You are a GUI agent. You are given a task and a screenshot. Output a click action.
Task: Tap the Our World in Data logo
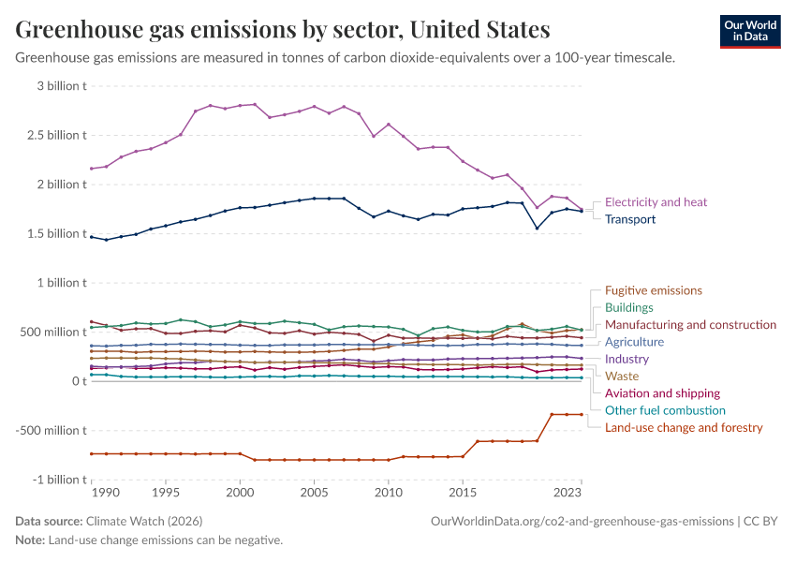tap(749, 31)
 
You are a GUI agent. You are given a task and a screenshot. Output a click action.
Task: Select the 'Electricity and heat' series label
tap(656, 201)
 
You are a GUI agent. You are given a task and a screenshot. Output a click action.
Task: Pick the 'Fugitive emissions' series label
tap(653, 290)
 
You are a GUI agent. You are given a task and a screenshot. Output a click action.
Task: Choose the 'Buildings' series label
tap(628, 307)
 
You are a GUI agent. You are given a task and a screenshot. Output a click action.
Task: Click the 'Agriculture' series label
tap(634, 342)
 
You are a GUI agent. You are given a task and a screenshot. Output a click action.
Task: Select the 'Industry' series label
tap(626, 359)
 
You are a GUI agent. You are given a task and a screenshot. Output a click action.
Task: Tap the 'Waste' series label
tap(622, 376)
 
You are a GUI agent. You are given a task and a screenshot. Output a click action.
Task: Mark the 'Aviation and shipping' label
tap(662, 393)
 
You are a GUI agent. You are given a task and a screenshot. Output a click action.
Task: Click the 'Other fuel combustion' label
tap(665, 410)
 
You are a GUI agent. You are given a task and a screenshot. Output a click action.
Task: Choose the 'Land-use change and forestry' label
tap(684, 427)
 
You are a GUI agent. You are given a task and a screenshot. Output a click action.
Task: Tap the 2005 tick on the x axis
tap(314, 491)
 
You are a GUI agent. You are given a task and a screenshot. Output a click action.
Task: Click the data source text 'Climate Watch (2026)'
tap(143, 521)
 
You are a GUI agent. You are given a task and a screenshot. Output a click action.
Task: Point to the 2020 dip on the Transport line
tap(537, 229)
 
